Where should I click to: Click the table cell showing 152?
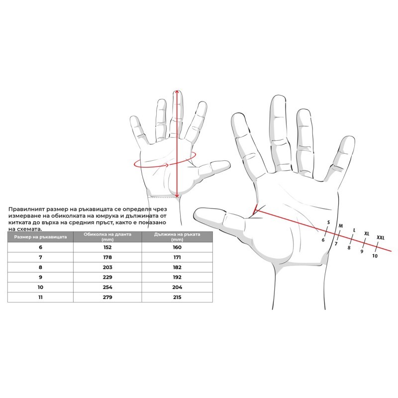(107, 247)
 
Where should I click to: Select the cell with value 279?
(107, 297)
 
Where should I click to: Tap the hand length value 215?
(177, 297)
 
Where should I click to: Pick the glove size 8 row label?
(40, 267)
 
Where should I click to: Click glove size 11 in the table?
(40, 297)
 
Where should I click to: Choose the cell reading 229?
(107, 277)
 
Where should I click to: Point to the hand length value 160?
(177, 247)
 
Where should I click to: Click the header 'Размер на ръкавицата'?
(40, 237)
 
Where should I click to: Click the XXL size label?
(381, 238)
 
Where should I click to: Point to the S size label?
(328, 222)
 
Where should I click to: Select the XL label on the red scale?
(367, 233)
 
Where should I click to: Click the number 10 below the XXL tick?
(375, 256)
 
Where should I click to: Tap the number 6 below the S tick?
(323, 240)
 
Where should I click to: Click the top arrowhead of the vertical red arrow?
(177, 92)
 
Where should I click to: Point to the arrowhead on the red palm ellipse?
(167, 166)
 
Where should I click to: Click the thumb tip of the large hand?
(196, 213)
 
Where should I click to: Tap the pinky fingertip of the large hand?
(350, 139)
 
